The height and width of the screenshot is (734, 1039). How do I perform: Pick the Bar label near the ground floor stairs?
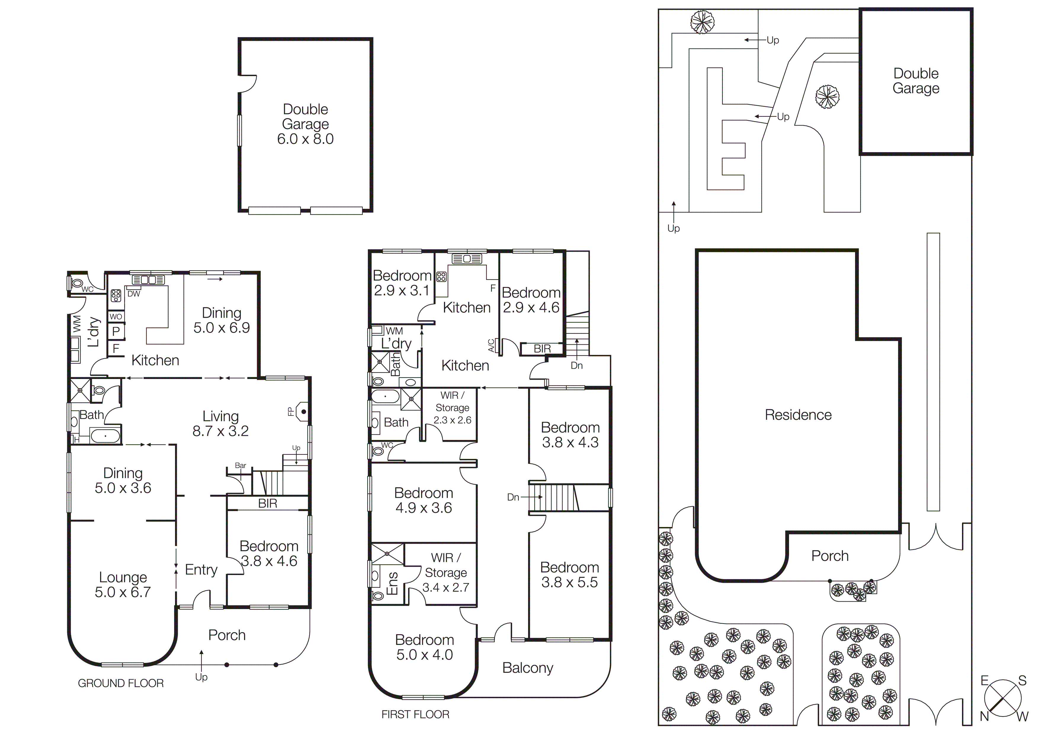click(240, 465)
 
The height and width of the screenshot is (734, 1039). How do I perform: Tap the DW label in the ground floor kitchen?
click(134, 294)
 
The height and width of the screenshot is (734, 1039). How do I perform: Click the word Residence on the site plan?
click(798, 415)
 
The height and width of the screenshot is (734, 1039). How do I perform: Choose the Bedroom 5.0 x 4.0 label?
click(424, 647)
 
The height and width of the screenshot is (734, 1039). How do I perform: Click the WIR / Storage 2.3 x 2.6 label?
click(452, 407)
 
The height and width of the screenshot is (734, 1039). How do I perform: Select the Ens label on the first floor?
click(392, 583)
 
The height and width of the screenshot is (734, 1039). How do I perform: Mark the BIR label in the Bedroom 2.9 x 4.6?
click(542, 349)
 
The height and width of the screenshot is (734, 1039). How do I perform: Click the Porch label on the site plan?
click(830, 556)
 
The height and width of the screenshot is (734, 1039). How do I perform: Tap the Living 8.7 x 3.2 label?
click(220, 423)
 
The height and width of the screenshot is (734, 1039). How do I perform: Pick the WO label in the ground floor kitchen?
click(116, 317)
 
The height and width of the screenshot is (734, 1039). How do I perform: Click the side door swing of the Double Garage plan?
click(248, 84)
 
